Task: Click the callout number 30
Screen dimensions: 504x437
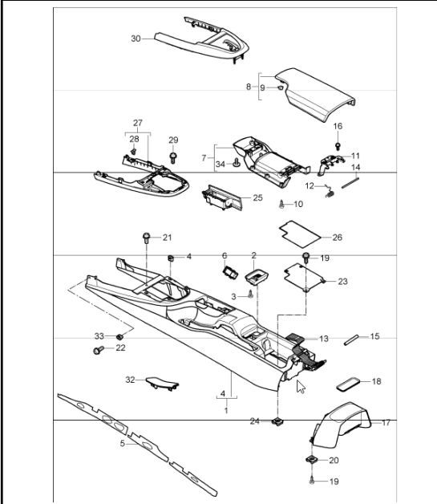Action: tap(136, 38)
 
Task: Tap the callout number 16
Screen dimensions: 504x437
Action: tap(338, 126)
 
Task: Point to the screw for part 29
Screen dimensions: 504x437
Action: tap(173, 156)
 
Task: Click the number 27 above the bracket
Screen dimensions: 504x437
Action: tap(137, 124)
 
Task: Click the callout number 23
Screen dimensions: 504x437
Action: tap(342, 282)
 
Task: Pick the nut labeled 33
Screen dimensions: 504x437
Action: tap(119, 335)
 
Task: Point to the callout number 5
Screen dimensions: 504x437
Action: tap(123, 443)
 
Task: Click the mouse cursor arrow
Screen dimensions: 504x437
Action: tap(301, 388)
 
